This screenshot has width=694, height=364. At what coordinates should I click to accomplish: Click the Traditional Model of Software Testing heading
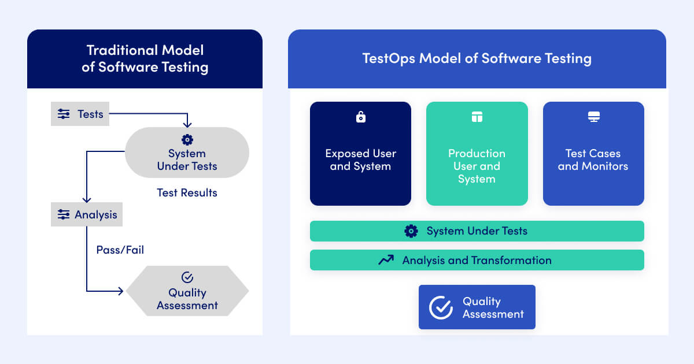click(x=145, y=58)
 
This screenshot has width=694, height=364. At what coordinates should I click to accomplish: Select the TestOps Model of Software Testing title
click(x=477, y=58)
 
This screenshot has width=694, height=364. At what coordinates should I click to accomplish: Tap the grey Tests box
click(x=80, y=114)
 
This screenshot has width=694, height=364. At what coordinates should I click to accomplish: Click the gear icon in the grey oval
click(x=187, y=139)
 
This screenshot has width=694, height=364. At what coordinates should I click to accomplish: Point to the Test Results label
click(x=187, y=192)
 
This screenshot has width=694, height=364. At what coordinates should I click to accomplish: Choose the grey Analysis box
click(x=87, y=214)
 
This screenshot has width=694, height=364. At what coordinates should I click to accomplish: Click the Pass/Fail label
click(x=120, y=250)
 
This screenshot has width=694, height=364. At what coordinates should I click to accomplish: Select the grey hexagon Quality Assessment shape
click(x=187, y=291)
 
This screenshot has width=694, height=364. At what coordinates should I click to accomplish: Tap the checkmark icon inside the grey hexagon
click(x=187, y=278)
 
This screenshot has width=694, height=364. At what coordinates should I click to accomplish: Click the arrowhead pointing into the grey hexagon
click(x=121, y=291)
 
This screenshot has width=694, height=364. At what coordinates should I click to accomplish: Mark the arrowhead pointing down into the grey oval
click(x=187, y=124)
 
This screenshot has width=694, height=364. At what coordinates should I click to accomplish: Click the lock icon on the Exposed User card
click(x=360, y=117)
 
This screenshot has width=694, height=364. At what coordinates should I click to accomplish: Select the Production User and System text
click(x=477, y=166)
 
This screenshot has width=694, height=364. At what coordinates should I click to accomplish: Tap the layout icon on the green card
click(x=477, y=117)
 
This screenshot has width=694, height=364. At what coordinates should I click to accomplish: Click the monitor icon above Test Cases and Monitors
click(x=593, y=117)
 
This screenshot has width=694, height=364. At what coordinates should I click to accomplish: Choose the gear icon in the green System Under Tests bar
click(x=411, y=231)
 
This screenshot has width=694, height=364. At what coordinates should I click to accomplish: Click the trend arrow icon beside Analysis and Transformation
click(x=386, y=261)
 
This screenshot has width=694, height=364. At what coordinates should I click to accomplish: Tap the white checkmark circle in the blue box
click(x=441, y=307)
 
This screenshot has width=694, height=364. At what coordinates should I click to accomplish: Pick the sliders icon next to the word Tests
click(x=64, y=114)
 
